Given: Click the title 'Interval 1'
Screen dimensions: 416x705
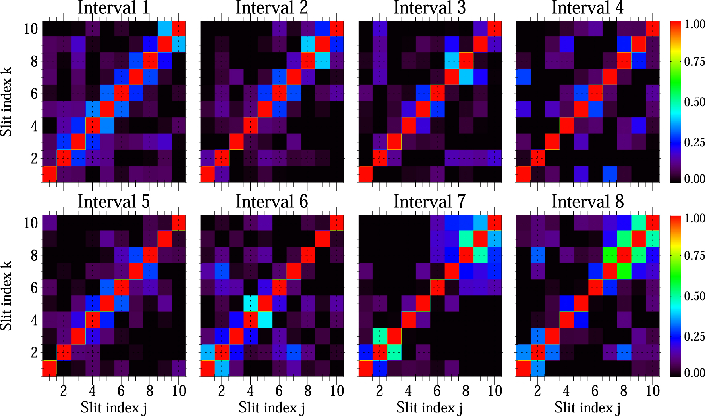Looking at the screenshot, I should (113, 8).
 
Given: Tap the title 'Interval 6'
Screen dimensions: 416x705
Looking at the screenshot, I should (272, 202).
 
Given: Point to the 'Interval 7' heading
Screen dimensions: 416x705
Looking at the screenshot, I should (429, 202).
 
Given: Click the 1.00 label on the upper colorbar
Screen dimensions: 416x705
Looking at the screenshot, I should (695, 24).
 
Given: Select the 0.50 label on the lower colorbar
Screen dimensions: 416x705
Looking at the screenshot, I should (695, 296).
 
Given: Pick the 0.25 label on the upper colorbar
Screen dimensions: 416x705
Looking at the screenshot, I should (695, 142).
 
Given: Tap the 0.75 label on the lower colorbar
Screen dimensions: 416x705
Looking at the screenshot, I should (695, 256).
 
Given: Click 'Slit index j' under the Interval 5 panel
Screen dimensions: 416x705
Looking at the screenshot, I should (113, 408).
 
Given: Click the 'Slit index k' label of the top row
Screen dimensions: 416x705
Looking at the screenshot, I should (6, 102).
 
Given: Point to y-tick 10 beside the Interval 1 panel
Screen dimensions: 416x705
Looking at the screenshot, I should (31, 29).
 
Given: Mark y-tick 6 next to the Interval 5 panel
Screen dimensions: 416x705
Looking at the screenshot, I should (34, 288).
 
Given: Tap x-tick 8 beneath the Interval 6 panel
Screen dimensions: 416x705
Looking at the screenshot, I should (308, 391).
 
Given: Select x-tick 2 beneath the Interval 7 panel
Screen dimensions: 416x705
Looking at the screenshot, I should (379, 391).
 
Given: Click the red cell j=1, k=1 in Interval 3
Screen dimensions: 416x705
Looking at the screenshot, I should (365, 174).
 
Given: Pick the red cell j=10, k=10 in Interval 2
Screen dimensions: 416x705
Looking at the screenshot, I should (337, 29).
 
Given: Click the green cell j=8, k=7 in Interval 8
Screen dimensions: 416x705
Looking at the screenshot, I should (624, 271).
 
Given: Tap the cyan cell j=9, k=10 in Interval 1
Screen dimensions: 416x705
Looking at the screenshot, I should (164, 29).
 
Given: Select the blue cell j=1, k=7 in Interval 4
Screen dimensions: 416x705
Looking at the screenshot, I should (523, 77).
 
